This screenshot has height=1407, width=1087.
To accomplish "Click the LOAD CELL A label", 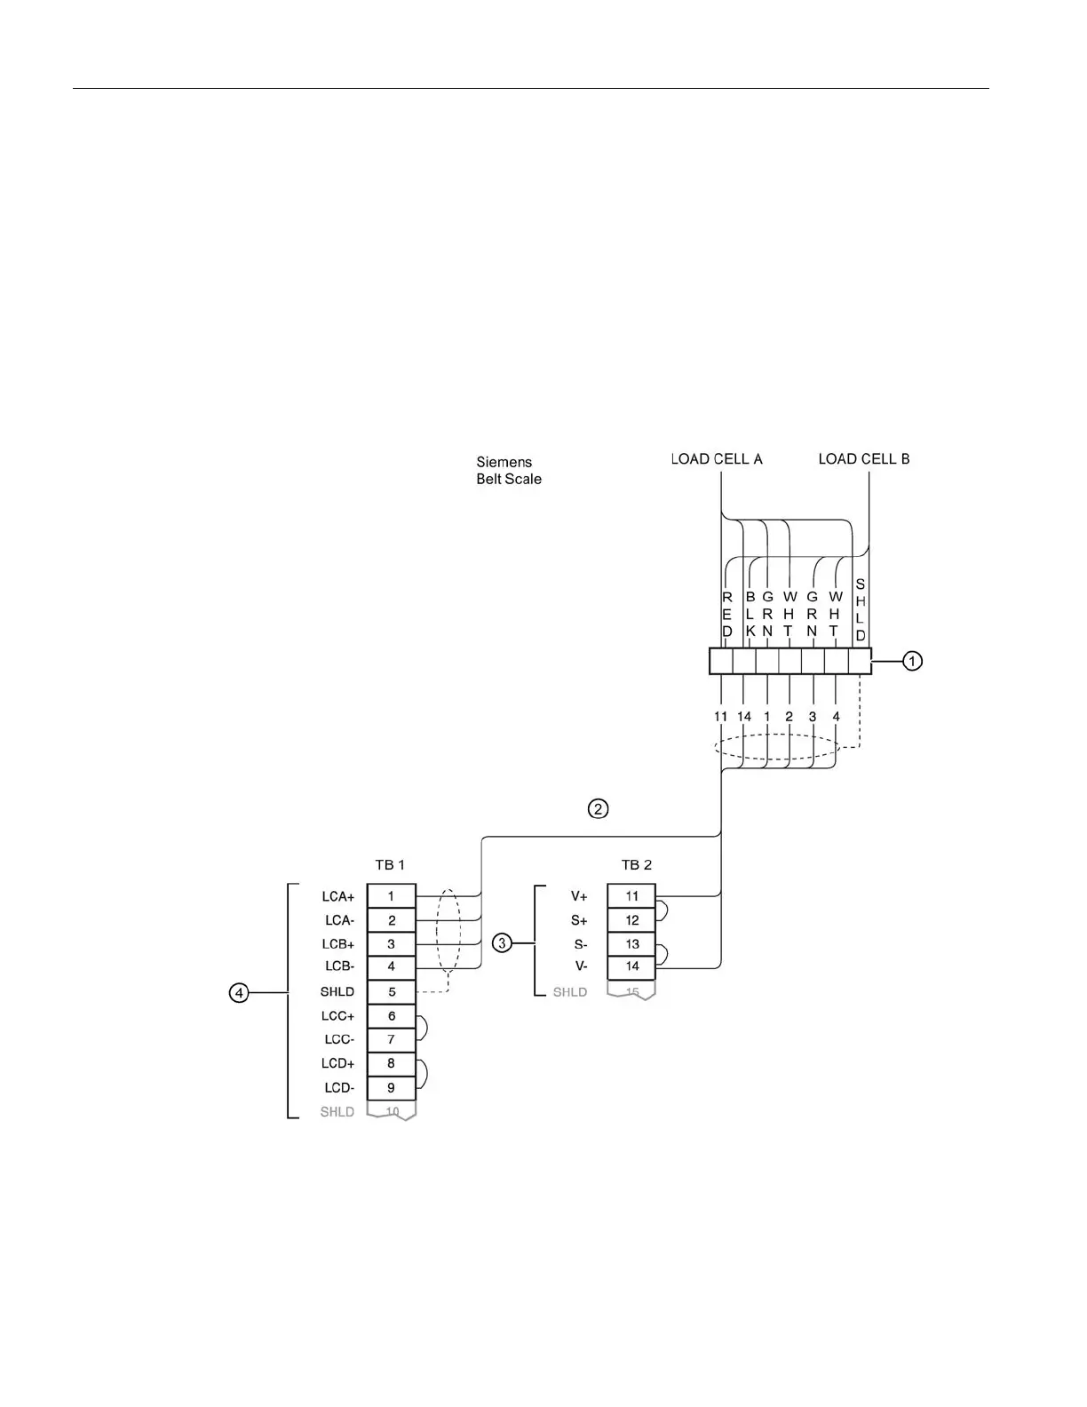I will pos(717,459).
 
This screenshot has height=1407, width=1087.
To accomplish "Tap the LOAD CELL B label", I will pos(863,459).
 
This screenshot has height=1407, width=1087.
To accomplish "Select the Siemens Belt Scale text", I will pos(509,471).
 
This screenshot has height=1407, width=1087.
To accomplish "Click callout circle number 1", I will pos(913,661).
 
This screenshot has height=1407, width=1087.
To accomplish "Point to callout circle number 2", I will pos(599,808).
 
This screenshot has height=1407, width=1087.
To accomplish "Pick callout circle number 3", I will pos(503,942).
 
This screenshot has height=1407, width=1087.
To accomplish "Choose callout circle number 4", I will pos(239,992).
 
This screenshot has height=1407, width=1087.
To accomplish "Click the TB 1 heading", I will pos(390,864).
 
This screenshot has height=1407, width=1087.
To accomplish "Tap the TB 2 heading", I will pos(637,864).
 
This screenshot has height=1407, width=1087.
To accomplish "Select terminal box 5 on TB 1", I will pos(392,992).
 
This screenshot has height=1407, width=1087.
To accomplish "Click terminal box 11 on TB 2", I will pos(631,896).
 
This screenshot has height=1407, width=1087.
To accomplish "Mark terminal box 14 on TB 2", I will pos(631,966).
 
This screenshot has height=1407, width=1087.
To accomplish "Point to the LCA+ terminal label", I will pos(338,897).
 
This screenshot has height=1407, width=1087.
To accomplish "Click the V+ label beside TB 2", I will pos(579,897).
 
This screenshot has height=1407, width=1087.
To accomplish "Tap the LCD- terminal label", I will pos(338,1088).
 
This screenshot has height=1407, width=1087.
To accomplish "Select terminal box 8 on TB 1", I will pos(392,1063).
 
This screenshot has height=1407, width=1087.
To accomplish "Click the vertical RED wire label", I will pos(727,615).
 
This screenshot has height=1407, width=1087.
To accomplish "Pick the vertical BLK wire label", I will pos(750,615).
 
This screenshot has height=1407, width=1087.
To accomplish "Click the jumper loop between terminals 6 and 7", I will pos(425,1028).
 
